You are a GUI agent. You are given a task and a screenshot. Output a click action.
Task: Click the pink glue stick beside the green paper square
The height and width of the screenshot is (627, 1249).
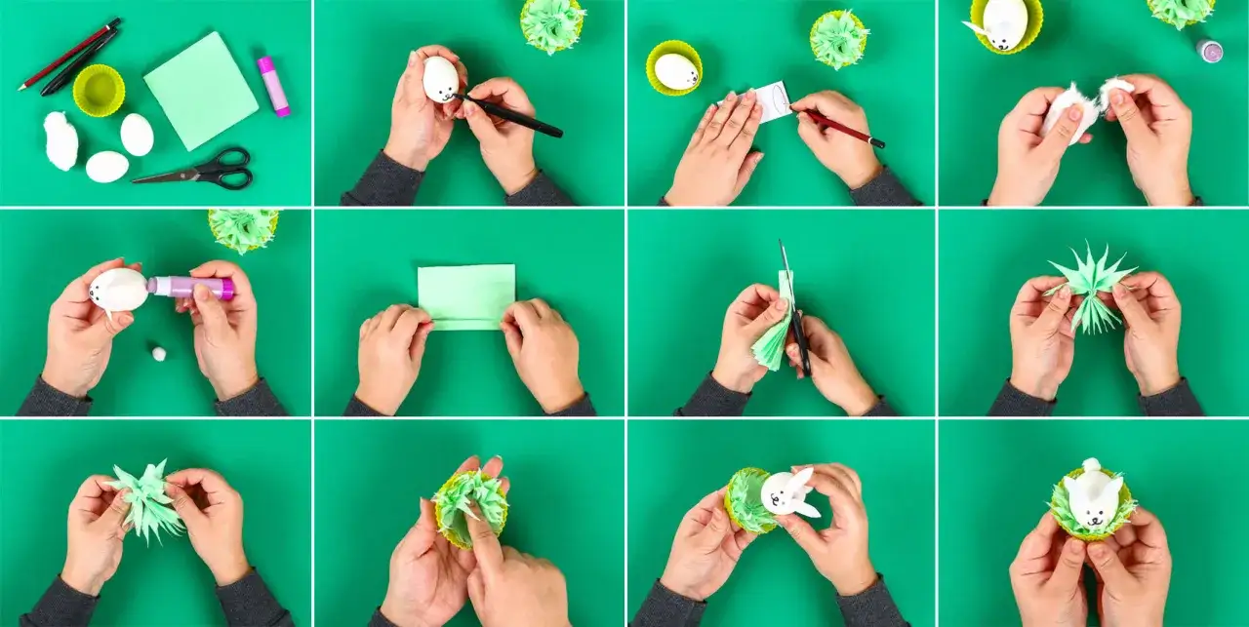pyautogui.click(x=273, y=86)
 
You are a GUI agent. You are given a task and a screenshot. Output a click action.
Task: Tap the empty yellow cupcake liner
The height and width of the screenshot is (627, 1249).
pyautogui.click(x=100, y=90)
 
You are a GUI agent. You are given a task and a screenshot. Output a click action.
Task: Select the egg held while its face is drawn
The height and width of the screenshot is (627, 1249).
pyautogui.click(x=440, y=79)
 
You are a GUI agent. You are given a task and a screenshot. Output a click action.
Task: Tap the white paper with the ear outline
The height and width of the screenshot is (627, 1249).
pyautogui.click(x=772, y=102)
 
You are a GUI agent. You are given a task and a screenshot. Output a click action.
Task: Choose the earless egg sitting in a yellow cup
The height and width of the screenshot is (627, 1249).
pyautogui.click(x=675, y=71)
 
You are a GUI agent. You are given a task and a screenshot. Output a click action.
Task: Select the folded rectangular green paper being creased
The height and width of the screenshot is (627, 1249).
pyautogui.click(x=466, y=296)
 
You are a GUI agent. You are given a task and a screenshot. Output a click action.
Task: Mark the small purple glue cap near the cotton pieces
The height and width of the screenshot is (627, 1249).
pyautogui.click(x=1209, y=51)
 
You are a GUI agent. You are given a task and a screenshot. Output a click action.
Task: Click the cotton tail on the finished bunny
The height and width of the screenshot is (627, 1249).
pyautogui.click(x=1091, y=465)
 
